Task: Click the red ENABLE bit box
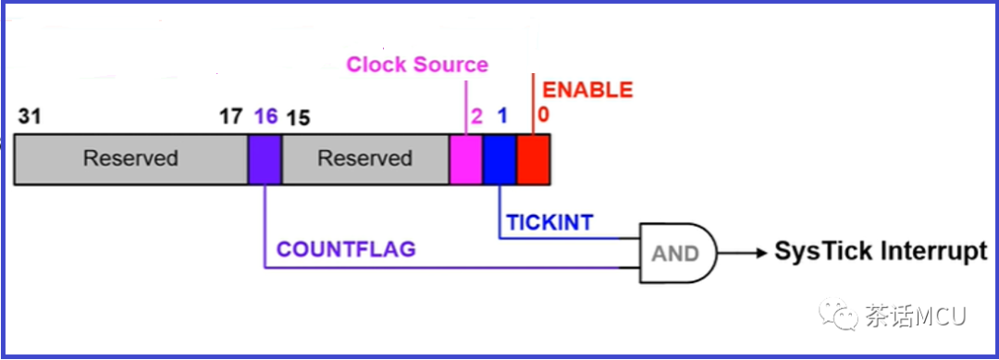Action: (534, 158)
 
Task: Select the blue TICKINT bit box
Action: (499, 158)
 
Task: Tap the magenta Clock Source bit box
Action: (466, 158)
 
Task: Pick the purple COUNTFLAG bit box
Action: (265, 158)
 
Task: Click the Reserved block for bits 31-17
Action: (130, 158)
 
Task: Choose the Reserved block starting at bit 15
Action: (364, 158)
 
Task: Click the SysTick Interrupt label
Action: (881, 252)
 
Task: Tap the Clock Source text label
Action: (417, 65)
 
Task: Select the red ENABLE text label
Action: (587, 90)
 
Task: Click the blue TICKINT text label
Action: (549, 222)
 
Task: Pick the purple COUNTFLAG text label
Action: (347, 249)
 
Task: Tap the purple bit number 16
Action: (265, 117)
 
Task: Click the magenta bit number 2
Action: (476, 117)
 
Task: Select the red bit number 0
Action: (544, 115)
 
